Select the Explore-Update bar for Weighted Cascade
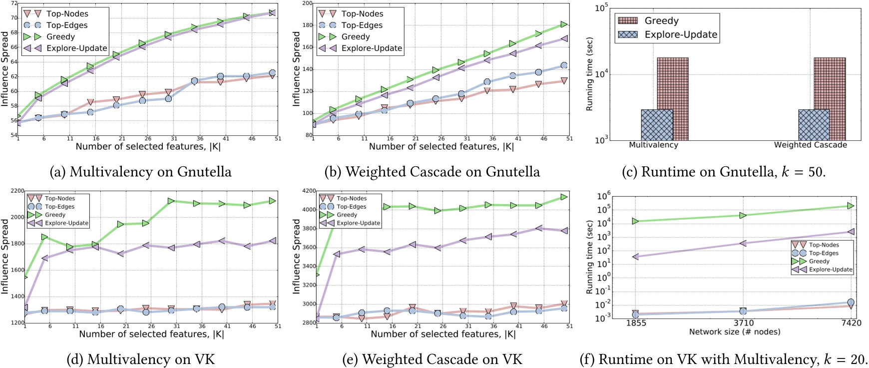[814, 125]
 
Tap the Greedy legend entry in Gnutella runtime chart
[661, 21]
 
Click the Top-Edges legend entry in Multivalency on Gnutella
[66, 25]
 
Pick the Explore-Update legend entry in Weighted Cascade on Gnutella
[371, 48]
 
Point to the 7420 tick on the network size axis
[851, 323]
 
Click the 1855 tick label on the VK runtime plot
[635, 323]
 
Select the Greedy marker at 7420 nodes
[851, 206]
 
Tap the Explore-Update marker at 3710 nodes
[743, 243]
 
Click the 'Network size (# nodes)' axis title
[734, 332]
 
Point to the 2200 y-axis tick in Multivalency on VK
[16, 191]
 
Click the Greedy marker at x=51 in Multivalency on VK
[271, 201]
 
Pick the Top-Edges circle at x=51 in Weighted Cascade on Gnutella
[564, 65]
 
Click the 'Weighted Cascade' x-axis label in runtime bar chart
[810, 145]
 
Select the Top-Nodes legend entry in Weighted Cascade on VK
[351, 198]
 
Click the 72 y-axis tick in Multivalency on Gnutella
[14, 3]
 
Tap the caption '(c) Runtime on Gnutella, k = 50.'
[724, 172]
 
